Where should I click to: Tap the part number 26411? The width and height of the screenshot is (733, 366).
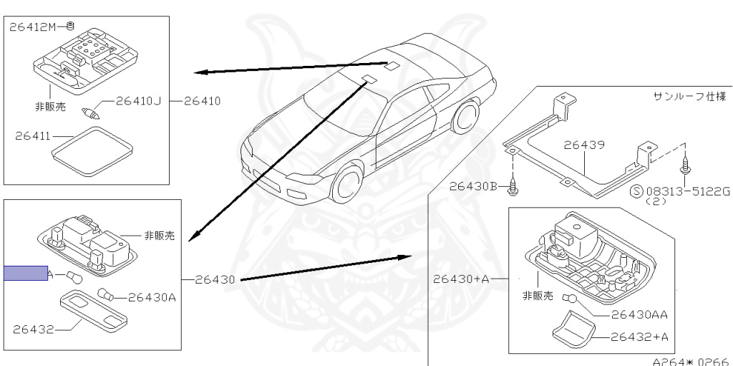coord(32,135)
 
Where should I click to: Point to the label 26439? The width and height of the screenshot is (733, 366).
coord(583,145)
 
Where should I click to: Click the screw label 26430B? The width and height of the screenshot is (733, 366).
coord(473,186)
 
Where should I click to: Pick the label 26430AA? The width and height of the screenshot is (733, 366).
coord(639,314)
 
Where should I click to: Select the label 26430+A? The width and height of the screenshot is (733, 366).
coord(460,279)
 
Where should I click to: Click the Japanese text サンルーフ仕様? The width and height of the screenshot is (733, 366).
coord(690,95)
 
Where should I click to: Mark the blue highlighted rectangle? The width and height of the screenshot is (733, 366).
coord(25,273)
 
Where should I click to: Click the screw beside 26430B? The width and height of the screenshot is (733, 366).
coord(513,188)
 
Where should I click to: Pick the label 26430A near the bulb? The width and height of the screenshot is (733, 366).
coord(152,297)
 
